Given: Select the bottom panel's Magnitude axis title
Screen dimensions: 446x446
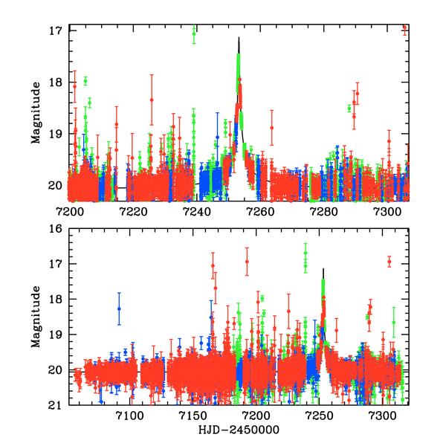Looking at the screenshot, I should click(x=36, y=318).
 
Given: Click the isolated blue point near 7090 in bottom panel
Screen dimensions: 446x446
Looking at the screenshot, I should click(x=118, y=308).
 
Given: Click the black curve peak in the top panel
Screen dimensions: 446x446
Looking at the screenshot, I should click(x=239, y=37).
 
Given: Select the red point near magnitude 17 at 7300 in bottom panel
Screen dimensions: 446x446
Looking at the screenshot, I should click(x=389, y=262).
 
